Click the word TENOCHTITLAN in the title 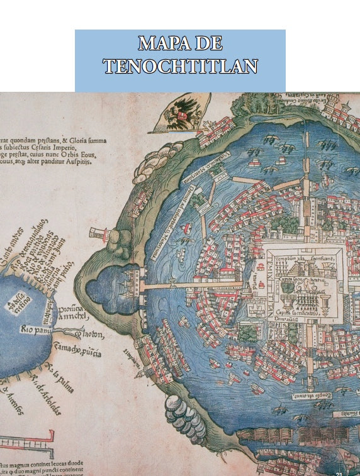pos(180,65)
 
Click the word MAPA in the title pos(159,43)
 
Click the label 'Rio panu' pos(35,329)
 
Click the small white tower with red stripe pos(98,234)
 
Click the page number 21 pos(340,472)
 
